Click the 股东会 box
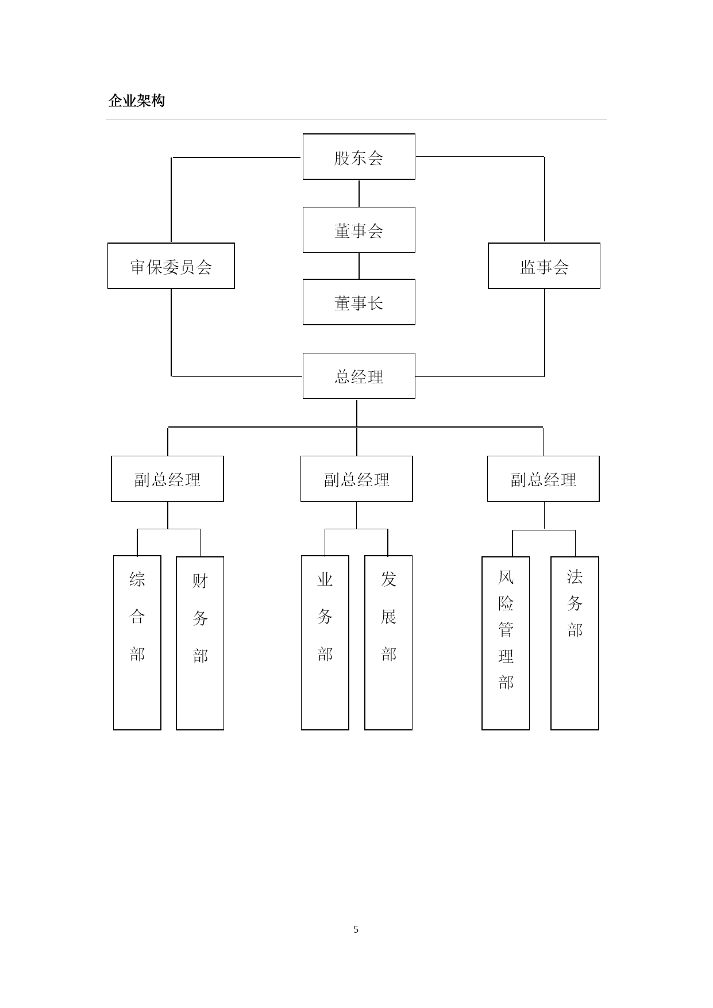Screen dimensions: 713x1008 tap(359, 157)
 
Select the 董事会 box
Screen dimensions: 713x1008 tap(359, 230)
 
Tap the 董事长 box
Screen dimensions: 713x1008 tap(359, 302)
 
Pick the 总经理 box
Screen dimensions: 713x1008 tap(359, 376)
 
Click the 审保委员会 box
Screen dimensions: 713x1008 tap(171, 266)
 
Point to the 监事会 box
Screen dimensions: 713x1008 tap(544, 266)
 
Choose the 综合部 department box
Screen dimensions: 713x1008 tap(137, 642)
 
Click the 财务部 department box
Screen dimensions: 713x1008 tap(200, 643)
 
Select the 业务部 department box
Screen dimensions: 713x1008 tap(325, 642)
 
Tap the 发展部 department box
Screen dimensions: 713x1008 tap(388, 642)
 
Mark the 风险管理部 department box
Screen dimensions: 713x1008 tap(506, 643)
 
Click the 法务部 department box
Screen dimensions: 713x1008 tap(575, 643)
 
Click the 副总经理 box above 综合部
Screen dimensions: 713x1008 tap(167, 479)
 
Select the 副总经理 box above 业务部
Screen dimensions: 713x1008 tap(357, 479)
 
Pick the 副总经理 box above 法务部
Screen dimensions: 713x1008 tap(544, 479)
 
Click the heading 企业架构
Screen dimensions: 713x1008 tap(137, 101)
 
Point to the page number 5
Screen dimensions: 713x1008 tap(356, 929)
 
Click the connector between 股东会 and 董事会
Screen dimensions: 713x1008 tap(359, 194)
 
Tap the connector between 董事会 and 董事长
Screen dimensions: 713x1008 tap(359, 266)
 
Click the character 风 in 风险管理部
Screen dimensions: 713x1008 tap(506, 576)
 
